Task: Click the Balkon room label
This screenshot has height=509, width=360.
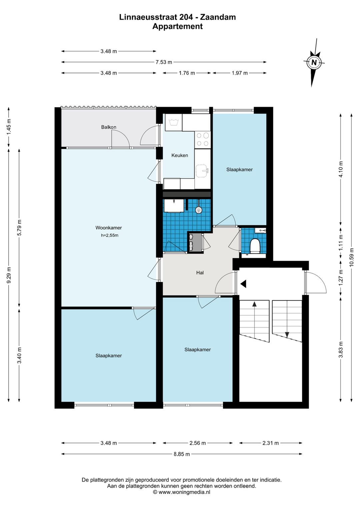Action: pos(109,127)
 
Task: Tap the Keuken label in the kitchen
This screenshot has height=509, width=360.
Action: pos(180,155)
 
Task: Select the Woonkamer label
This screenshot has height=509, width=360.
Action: pos(109,228)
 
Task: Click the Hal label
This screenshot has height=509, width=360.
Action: pos(200,273)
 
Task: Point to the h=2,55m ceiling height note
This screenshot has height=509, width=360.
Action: pos(110,235)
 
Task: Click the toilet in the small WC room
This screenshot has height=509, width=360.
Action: pos(255,245)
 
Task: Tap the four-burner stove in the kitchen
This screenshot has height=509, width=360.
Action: pos(203,139)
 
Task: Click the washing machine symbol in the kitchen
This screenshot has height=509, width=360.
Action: pos(174,122)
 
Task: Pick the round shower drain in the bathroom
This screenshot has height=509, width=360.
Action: pos(199,210)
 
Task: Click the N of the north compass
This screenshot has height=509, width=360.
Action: pos(314,62)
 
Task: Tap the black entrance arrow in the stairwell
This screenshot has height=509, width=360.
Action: pos(243,284)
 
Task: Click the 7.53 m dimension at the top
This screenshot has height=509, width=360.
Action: pos(164,62)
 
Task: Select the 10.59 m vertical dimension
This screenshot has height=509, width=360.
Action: pos(352,258)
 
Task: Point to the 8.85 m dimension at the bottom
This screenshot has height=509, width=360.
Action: pos(182,454)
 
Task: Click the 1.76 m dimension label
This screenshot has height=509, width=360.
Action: pos(187,73)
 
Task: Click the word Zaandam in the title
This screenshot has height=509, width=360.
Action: pos(218,17)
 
